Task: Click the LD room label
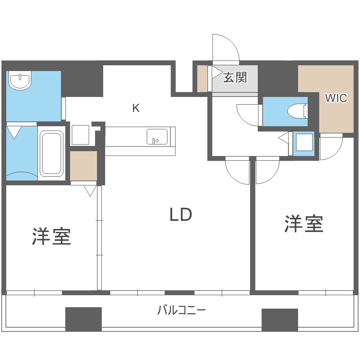tap(180, 215)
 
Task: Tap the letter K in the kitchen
tap(136, 108)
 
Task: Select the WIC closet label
tap(336, 98)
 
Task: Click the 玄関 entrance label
tap(235, 77)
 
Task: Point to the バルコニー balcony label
tap(181, 310)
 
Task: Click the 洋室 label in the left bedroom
tap(51, 236)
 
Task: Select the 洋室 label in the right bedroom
tap(303, 224)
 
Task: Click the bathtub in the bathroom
tap(51, 153)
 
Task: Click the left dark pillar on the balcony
tap(84, 319)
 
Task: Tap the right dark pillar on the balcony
tap(280, 319)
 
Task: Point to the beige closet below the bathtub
tap(84, 166)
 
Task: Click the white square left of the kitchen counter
tap(80, 135)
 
